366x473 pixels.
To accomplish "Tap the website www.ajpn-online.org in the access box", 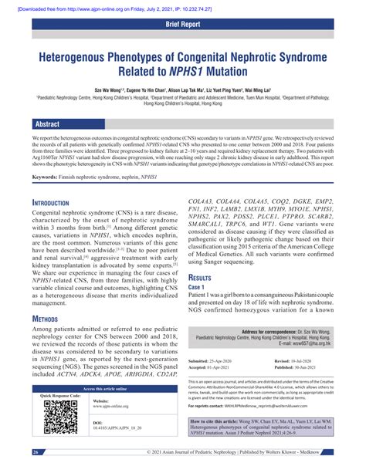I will tap(115, 407).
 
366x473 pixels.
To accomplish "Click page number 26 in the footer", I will tap(36, 451).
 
